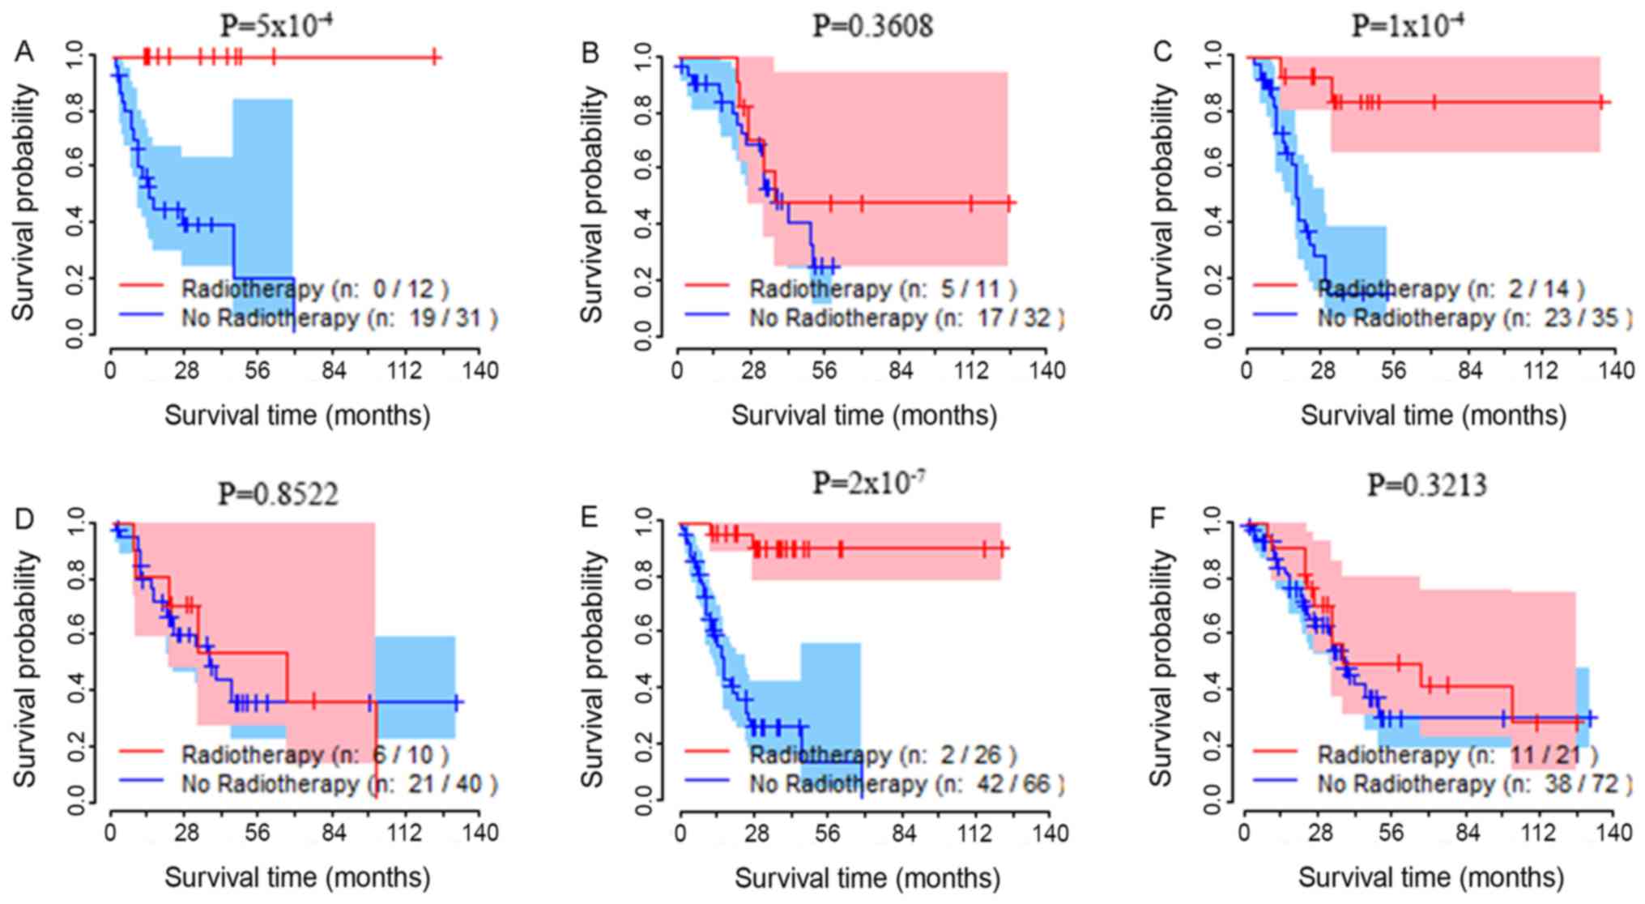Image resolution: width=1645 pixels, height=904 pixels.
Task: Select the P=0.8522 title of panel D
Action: pyautogui.click(x=278, y=493)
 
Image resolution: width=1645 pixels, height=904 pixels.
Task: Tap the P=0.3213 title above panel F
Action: pyautogui.click(x=1427, y=485)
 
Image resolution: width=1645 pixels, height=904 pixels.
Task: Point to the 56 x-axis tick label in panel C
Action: pyautogui.click(x=1394, y=370)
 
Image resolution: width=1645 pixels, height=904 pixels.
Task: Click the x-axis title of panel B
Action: pyautogui.click(x=864, y=416)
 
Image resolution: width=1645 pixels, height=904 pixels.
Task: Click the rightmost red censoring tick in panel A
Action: pyautogui.click(x=434, y=57)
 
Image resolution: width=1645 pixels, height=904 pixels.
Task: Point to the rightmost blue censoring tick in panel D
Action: pyautogui.click(x=457, y=702)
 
